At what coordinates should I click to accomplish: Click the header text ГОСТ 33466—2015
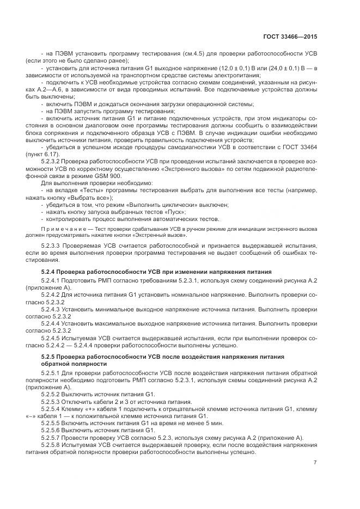[x=292, y=37]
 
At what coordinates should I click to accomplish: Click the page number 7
[x=315, y=463]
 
